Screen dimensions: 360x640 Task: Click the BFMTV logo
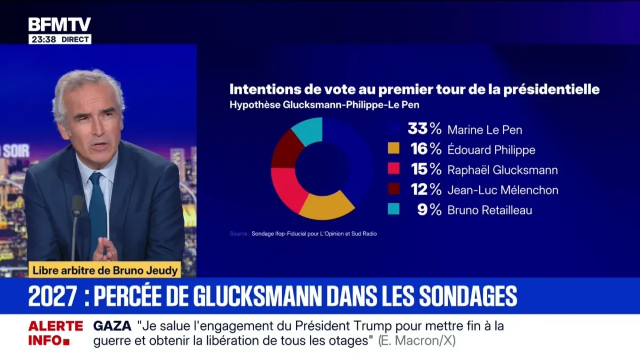coord(60,24)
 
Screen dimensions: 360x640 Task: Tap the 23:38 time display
coord(43,39)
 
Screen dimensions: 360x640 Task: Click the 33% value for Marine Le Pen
coord(424,129)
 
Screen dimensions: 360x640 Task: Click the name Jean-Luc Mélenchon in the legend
coord(503,190)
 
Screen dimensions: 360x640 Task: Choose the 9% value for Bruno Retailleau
coord(429,210)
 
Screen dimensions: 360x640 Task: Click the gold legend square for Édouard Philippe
coord(394,150)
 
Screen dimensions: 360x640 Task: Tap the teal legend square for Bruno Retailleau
coord(394,210)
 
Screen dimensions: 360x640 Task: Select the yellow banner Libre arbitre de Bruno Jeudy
coord(104,270)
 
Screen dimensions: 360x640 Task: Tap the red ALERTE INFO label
coord(55,333)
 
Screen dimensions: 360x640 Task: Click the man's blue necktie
coord(98,211)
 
